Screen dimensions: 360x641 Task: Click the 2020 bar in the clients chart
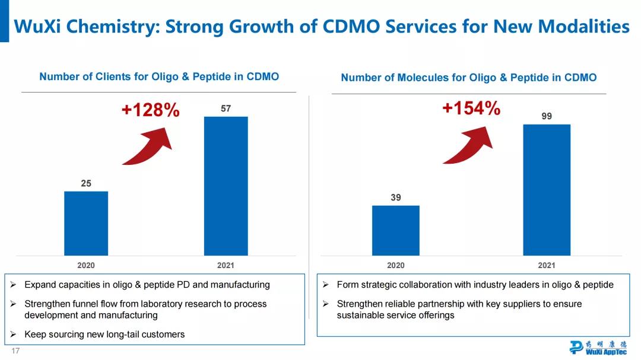86,223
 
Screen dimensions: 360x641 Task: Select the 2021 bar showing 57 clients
226,186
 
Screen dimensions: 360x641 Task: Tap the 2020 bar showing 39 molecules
395,230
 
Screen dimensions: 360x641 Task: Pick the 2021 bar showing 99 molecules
546,190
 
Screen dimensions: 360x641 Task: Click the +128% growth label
150,110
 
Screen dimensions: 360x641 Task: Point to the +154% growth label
471,109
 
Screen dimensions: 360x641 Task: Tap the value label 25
86,184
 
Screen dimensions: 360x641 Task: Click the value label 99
547,117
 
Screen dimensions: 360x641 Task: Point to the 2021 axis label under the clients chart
226,266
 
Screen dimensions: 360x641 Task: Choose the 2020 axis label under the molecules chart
395,266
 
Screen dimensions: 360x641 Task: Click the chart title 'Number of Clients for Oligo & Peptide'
159,77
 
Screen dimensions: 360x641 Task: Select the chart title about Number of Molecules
469,78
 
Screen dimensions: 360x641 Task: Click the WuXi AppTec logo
597,348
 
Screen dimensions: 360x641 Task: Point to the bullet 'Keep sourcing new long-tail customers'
104,334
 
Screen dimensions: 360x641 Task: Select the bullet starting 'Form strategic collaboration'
475,285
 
